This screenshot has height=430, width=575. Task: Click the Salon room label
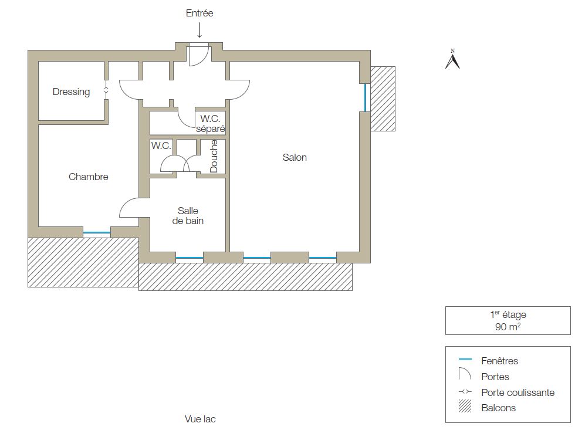pyautogui.click(x=295, y=157)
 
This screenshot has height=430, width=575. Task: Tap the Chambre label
pyautogui.click(x=89, y=177)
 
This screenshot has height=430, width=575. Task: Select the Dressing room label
pyautogui.click(x=71, y=92)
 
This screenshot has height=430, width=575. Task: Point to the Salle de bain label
pyautogui.click(x=188, y=215)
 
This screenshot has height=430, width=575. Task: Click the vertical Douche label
pyautogui.click(x=214, y=156)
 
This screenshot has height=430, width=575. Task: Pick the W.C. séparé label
pyautogui.click(x=210, y=124)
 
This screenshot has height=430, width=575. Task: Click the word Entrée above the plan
pyautogui.click(x=199, y=13)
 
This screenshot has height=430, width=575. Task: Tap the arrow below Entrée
pyautogui.click(x=199, y=30)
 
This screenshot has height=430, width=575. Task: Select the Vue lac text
pyautogui.click(x=200, y=419)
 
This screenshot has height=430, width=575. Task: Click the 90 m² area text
pyautogui.click(x=508, y=327)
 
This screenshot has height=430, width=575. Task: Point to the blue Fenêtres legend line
pyautogui.click(x=465, y=359)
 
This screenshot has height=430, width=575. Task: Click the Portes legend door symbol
pyautogui.click(x=465, y=374)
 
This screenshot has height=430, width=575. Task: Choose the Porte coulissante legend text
pyautogui.click(x=517, y=392)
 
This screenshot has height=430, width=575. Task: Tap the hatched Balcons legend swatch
pyautogui.click(x=465, y=407)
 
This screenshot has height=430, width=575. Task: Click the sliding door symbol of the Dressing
pyautogui.click(x=106, y=92)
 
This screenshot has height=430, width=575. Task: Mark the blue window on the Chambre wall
pyautogui.click(x=97, y=232)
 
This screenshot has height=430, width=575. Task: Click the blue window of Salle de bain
pyautogui.click(x=190, y=258)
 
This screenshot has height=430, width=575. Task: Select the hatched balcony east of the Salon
pyautogui.click(x=383, y=99)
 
